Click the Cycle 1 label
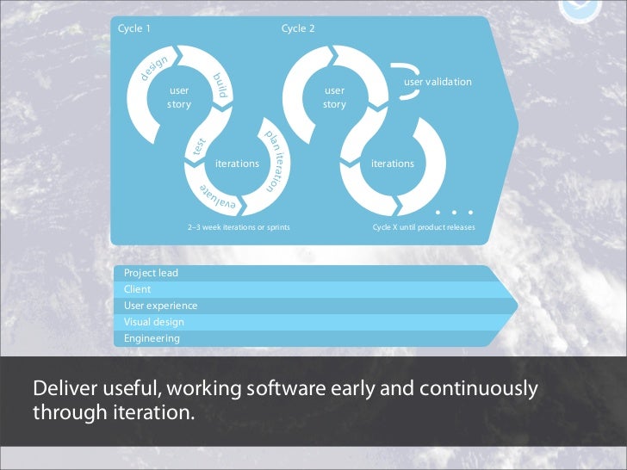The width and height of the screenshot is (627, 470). coord(134,28)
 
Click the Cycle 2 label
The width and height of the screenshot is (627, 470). coord(298,28)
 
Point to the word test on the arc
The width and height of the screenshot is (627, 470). coord(200,149)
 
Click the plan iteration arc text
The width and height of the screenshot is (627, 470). coord(275,159)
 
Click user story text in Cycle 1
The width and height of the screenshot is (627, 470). coord(179,97)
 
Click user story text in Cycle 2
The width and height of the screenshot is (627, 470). coord(334,97)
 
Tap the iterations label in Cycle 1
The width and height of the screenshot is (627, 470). coord(237,164)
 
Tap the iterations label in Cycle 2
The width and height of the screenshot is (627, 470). coord(392,164)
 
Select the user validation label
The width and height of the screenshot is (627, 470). coord(438,82)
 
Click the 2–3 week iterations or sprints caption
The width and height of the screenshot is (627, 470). coord(239,227)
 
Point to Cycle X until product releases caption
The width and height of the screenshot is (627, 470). coord(423,227)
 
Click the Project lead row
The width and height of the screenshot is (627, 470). coord(152,273)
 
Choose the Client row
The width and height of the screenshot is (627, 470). coord(138,289)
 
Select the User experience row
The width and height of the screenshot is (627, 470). coord(161,306)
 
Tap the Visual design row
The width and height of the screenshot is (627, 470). coord(154,322)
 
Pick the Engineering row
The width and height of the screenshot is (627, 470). coord(152,338)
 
